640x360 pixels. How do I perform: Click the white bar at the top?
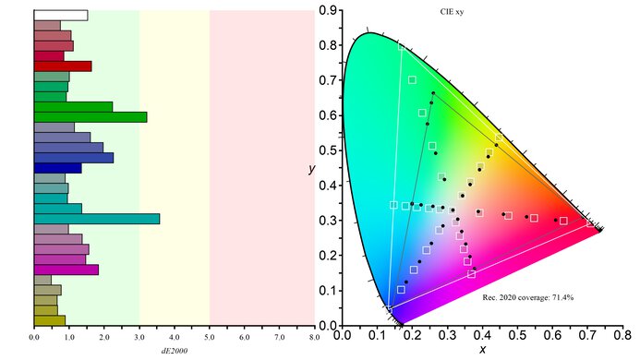point(61,16)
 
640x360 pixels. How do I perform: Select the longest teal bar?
point(96,219)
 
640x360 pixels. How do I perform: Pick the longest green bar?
point(90,117)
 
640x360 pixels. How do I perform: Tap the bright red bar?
point(63,66)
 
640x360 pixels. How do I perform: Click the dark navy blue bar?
point(57,168)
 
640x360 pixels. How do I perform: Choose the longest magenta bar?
point(66,270)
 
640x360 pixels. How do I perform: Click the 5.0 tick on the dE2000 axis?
point(210,338)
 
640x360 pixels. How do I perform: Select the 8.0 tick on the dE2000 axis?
point(315,338)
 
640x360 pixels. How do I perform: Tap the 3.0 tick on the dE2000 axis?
point(139,338)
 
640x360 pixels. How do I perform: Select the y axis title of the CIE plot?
point(313,169)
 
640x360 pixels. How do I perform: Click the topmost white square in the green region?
point(412,79)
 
